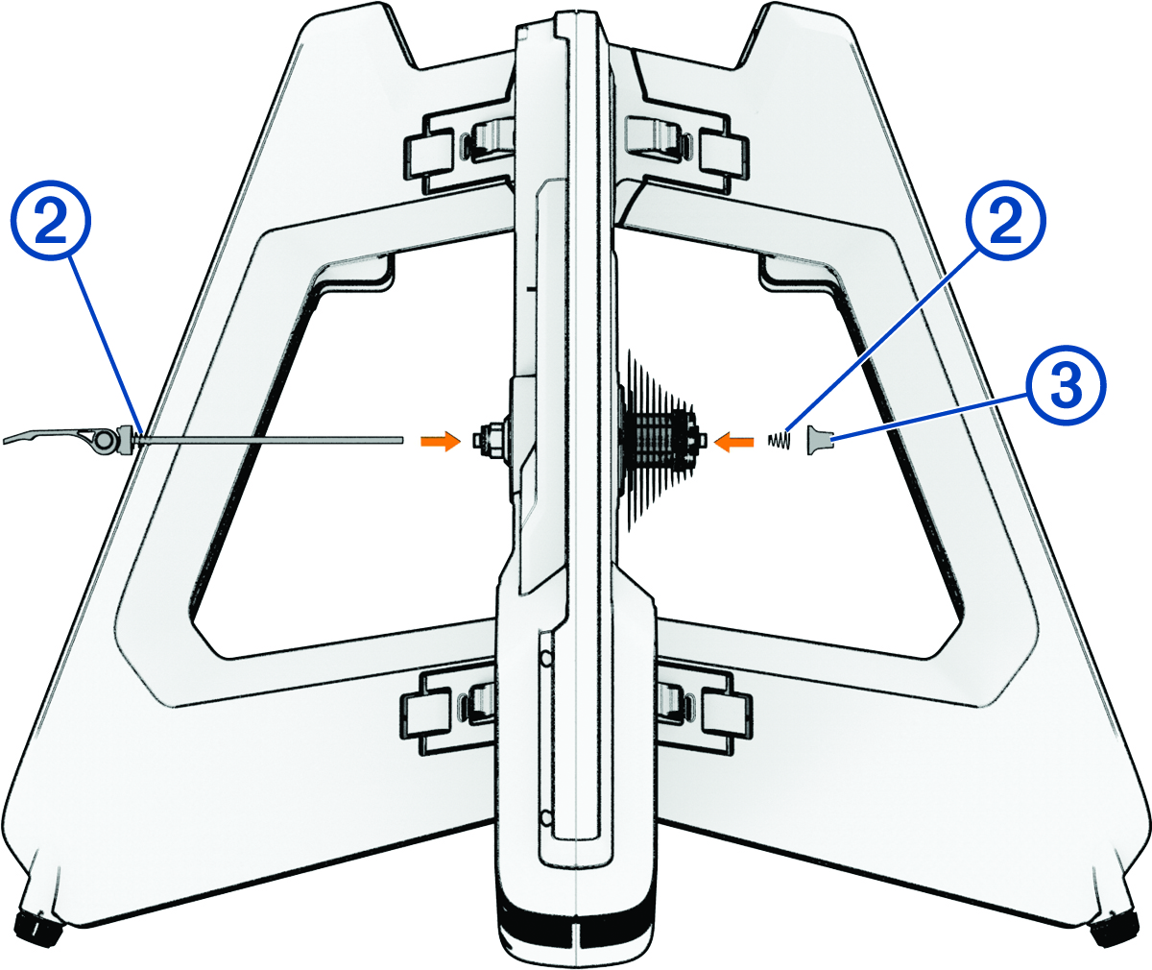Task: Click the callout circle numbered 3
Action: click(1066, 385)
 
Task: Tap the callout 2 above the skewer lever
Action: click(51, 220)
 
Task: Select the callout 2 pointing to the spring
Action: click(1006, 220)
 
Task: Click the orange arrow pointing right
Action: click(441, 441)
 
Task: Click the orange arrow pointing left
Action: click(733, 442)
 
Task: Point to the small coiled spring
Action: click(779, 441)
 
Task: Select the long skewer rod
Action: click(271, 440)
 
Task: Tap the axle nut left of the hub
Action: click(490, 440)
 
